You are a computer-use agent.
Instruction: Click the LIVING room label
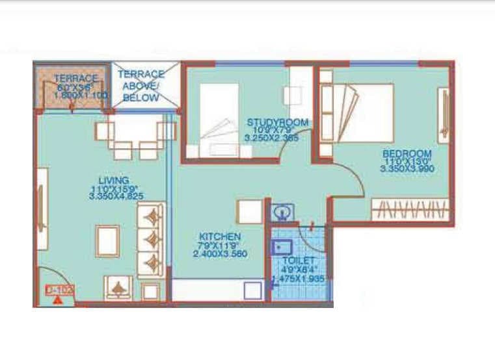(x=113, y=180)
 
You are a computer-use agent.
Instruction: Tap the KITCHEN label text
(x=219, y=237)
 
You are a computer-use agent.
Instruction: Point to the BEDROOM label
(x=407, y=153)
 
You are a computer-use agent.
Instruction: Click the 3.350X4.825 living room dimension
(x=116, y=195)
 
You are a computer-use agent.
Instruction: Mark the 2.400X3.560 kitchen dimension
(x=219, y=254)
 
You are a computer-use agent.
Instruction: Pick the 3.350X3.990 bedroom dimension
(x=407, y=168)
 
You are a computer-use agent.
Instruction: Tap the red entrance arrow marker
(x=58, y=300)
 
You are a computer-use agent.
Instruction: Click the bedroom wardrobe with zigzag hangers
(x=410, y=210)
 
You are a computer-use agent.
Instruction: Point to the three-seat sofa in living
(x=151, y=239)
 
